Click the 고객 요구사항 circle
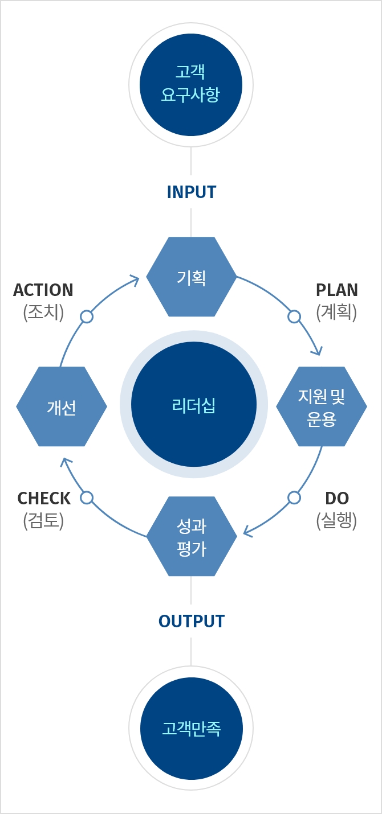point(191,85)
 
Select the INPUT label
point(191,192)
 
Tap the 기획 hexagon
point(192,277)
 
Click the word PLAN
point(336,290)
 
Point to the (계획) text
point(336,312)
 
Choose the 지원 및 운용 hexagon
point(322,406)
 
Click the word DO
point(336,498)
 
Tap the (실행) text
point(336,520)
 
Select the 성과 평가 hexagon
point(192,536)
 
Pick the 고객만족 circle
point(191,729)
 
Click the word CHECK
point(44,498)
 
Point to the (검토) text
point(43,520)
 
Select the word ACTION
point(43,290)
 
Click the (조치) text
point(43,312)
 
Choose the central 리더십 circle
point(193,405)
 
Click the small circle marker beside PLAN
point(294,316)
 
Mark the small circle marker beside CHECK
point(87,498)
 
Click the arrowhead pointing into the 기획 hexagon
point(135,279)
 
